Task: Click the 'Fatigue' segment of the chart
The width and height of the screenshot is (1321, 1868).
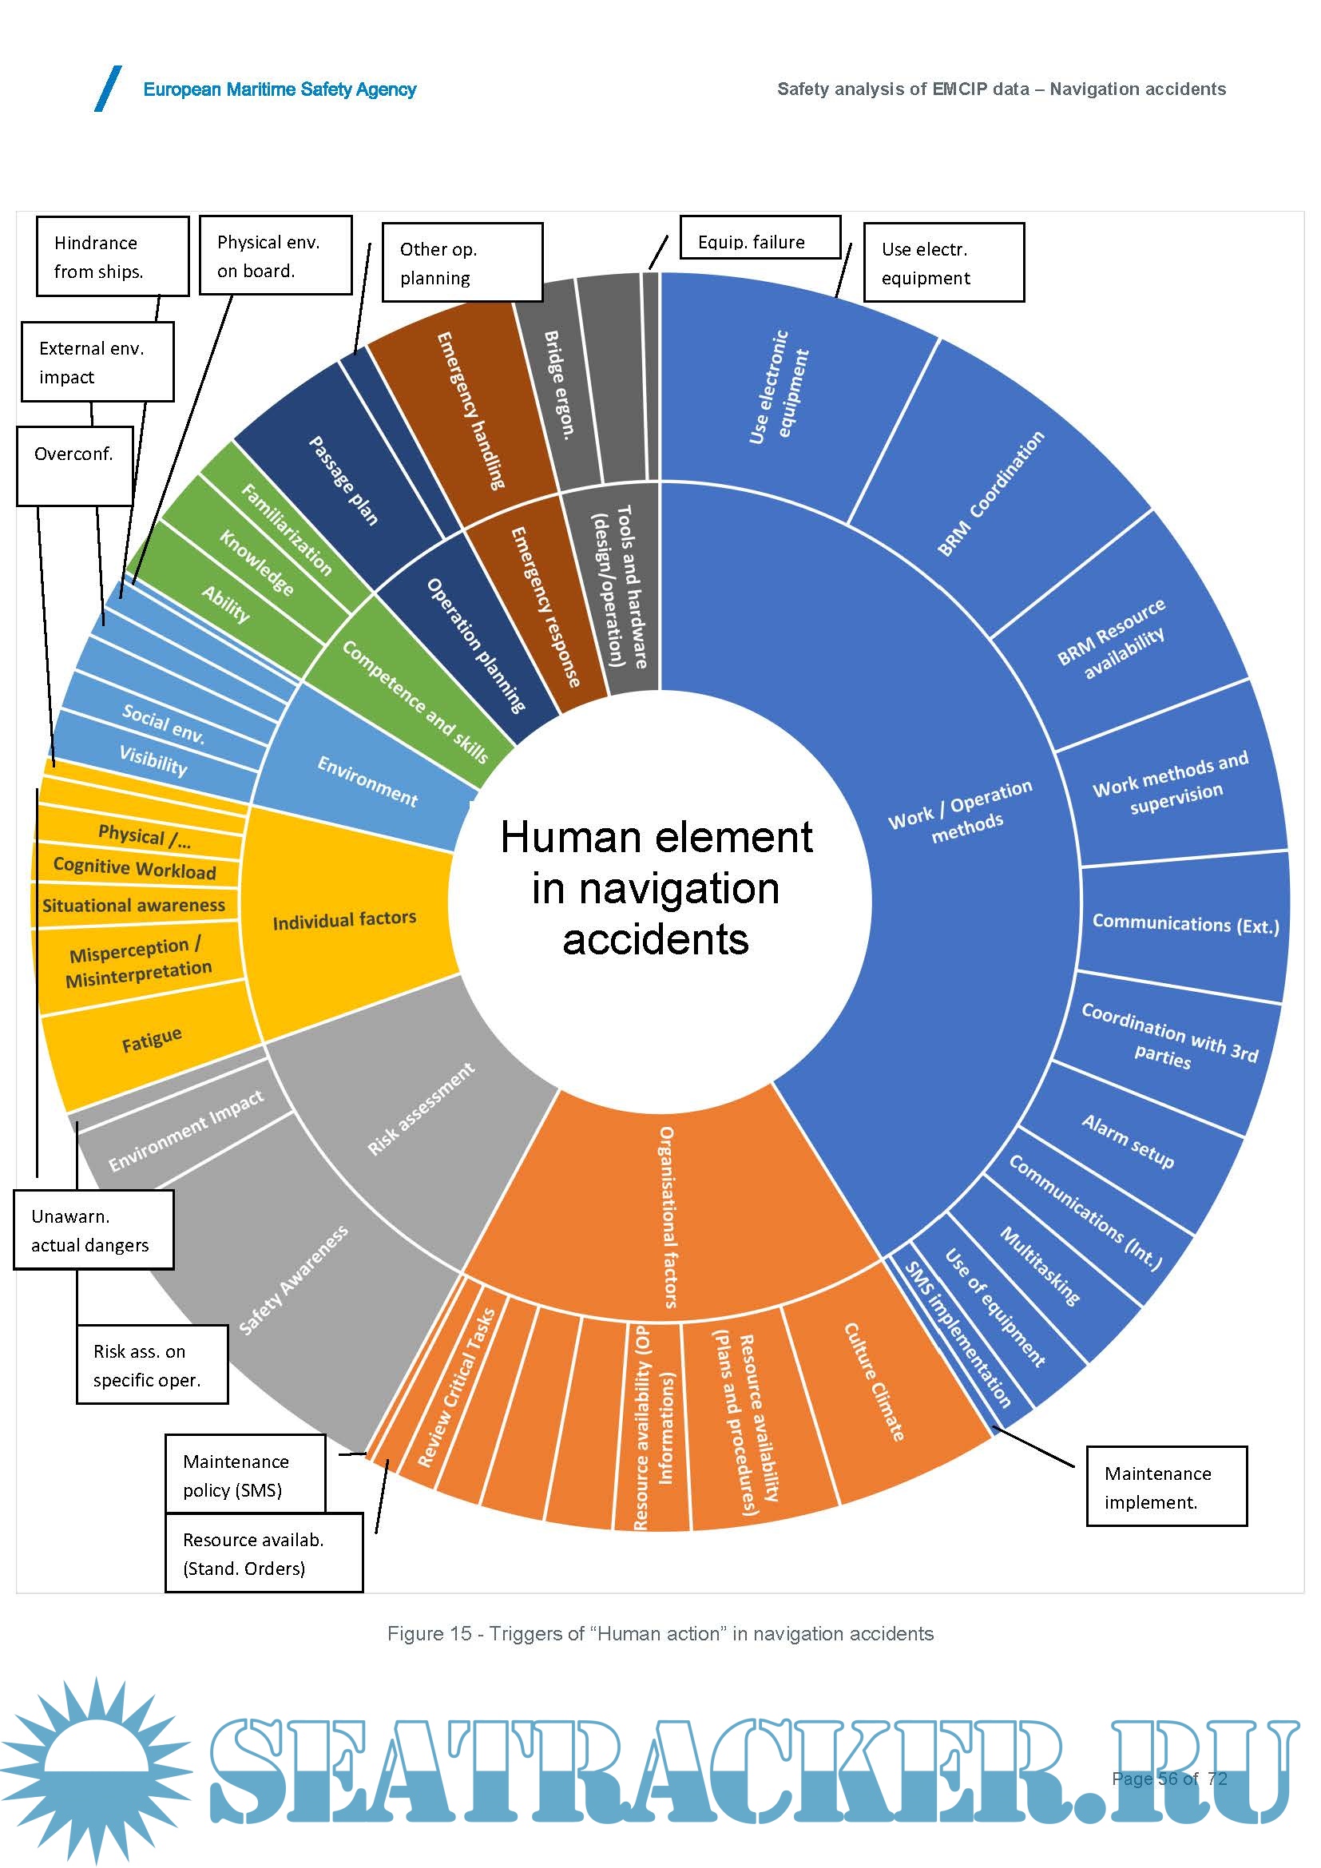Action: click(x=152, y=1041)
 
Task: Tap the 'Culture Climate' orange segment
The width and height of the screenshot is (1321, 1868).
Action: click(x=875, y=1382)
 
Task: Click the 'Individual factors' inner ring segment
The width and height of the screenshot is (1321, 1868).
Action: click(x=344, y=920)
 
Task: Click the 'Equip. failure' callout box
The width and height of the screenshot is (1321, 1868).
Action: click(x=760, y=237)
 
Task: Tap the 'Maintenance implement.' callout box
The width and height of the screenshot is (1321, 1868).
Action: click(x=1165, y=1487)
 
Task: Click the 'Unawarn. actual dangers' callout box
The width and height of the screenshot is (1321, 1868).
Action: click(x=93, y=1230)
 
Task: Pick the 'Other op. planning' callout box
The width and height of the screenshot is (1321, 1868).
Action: click(x=461, y=263)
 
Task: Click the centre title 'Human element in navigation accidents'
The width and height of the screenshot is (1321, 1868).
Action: click(x=657, y=887)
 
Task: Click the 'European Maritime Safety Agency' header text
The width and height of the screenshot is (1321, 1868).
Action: click(x=279, y=89)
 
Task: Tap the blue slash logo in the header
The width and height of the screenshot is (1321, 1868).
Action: click(x=108, y=89)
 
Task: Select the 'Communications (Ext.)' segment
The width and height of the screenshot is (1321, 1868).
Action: click(x=1185, y=924)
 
